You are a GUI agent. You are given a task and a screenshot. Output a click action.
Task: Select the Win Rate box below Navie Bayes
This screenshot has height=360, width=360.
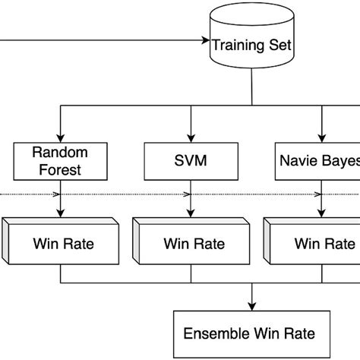tap(319, 245)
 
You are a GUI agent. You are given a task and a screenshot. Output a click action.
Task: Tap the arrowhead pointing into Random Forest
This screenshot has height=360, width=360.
tap(60, 137)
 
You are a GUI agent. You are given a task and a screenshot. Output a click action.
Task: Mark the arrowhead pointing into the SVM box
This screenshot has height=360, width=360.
tap(191, 137)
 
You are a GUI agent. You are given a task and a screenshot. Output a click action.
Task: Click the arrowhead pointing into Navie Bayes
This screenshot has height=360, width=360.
tap(321, 137)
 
